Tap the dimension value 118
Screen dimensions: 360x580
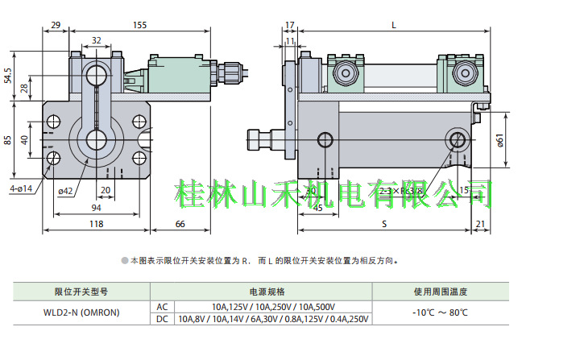pos(96,223)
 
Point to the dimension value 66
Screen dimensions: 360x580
pos(180,223)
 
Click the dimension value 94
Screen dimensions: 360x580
pos(96,207)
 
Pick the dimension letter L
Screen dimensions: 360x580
pos(393,25)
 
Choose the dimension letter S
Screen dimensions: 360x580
pos(382,223)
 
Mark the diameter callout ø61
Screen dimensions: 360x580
pos(500,142)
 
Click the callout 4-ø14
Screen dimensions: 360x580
pos(21,188)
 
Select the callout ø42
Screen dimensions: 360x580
pos(66,191)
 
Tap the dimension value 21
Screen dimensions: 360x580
pos(481,223)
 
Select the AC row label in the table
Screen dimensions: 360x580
pos(161,307)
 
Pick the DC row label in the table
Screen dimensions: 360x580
pos(161,319)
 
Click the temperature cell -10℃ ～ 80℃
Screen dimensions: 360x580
pos(440,312)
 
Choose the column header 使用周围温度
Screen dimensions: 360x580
pos(440,292)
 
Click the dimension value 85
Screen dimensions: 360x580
pos(9,139)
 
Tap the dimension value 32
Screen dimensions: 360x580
pos(97,39)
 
